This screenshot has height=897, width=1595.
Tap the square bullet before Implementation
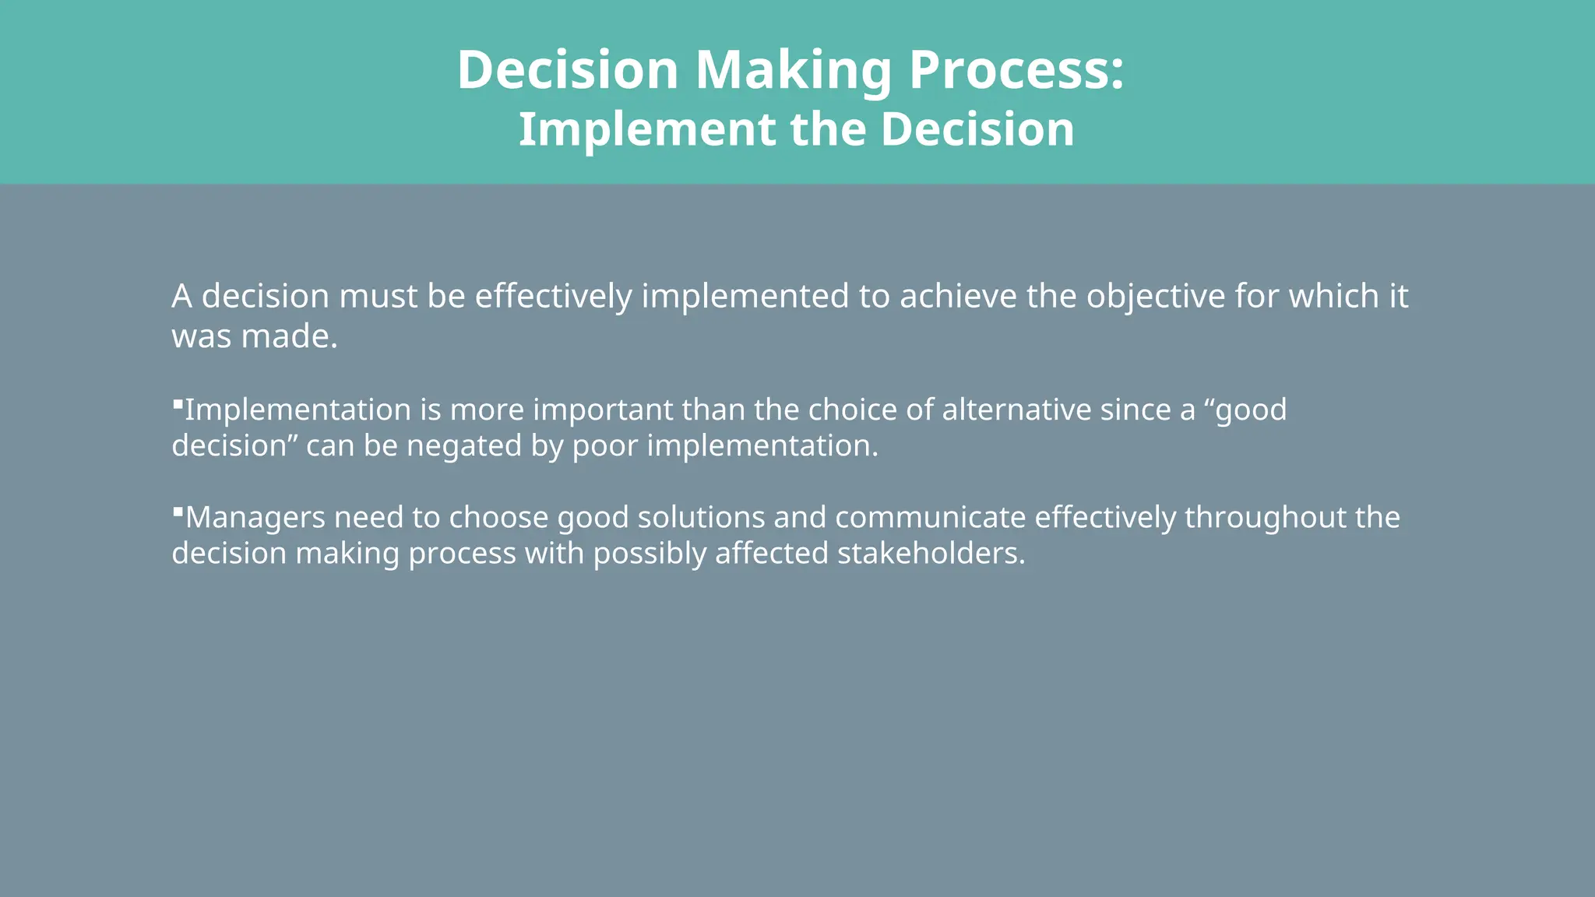tap(178, 404)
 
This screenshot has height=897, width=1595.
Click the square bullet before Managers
tap(178, 512)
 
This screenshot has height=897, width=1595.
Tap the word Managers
tap(255, 518)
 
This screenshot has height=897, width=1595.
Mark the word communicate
tap(930, 518)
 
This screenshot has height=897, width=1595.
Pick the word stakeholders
tap(931, 554)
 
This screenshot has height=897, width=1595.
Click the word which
tap(1334, 297)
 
